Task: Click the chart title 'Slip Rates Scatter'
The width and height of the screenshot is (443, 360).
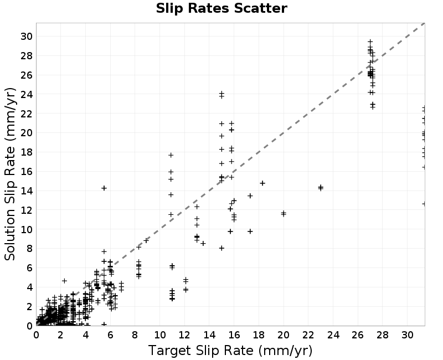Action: click(x=221, y=8)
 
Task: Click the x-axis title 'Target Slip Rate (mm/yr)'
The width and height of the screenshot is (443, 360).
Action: click(x=230, y=351)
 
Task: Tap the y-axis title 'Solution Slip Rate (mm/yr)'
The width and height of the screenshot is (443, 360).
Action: click(x=10, y=174)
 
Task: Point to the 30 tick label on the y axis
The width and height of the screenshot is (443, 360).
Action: click(x=26, y=37)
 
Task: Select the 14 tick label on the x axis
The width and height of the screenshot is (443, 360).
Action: click(x=209, y=335)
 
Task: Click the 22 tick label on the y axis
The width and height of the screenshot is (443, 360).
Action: click(x=26, y=114)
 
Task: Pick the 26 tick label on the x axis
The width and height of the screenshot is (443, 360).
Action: click(x=358, y=335)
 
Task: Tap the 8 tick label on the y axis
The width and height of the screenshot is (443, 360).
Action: click(x=29, y=249)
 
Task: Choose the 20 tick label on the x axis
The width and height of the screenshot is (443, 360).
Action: click(x=284, y=335)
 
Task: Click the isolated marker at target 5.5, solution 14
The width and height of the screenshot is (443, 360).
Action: click(x=104, y=188)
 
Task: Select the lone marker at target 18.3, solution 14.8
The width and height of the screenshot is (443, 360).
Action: click(x=262, y=183)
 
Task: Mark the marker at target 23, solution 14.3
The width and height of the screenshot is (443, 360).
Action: click(x=321, y=188)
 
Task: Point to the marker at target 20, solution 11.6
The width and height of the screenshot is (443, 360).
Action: click(x=284, y=214)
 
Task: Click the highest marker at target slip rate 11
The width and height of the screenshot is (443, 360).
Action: click(x=171, y=155)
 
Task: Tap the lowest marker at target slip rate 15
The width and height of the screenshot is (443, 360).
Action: click(x=221, y=248)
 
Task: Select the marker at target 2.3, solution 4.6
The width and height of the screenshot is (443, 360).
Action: click(x=64, y=281)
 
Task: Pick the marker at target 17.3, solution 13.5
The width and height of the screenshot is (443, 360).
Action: click(x=250, y=196)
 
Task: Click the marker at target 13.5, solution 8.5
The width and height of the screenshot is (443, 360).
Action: click(x=203, y=243)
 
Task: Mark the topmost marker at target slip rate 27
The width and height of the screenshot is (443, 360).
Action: click(x=370, y=42)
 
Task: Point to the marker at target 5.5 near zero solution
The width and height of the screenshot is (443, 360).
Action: click(x=104, y=324)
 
